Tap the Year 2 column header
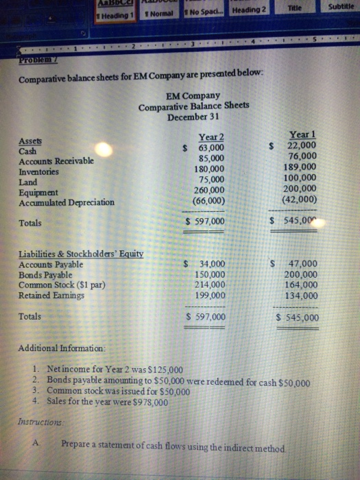[x=211, y=136]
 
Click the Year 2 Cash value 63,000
[x=211, y=147]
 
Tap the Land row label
[x=29, y=182]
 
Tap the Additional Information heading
[x=61, y=349]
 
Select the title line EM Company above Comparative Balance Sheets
[x=193, y=95]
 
